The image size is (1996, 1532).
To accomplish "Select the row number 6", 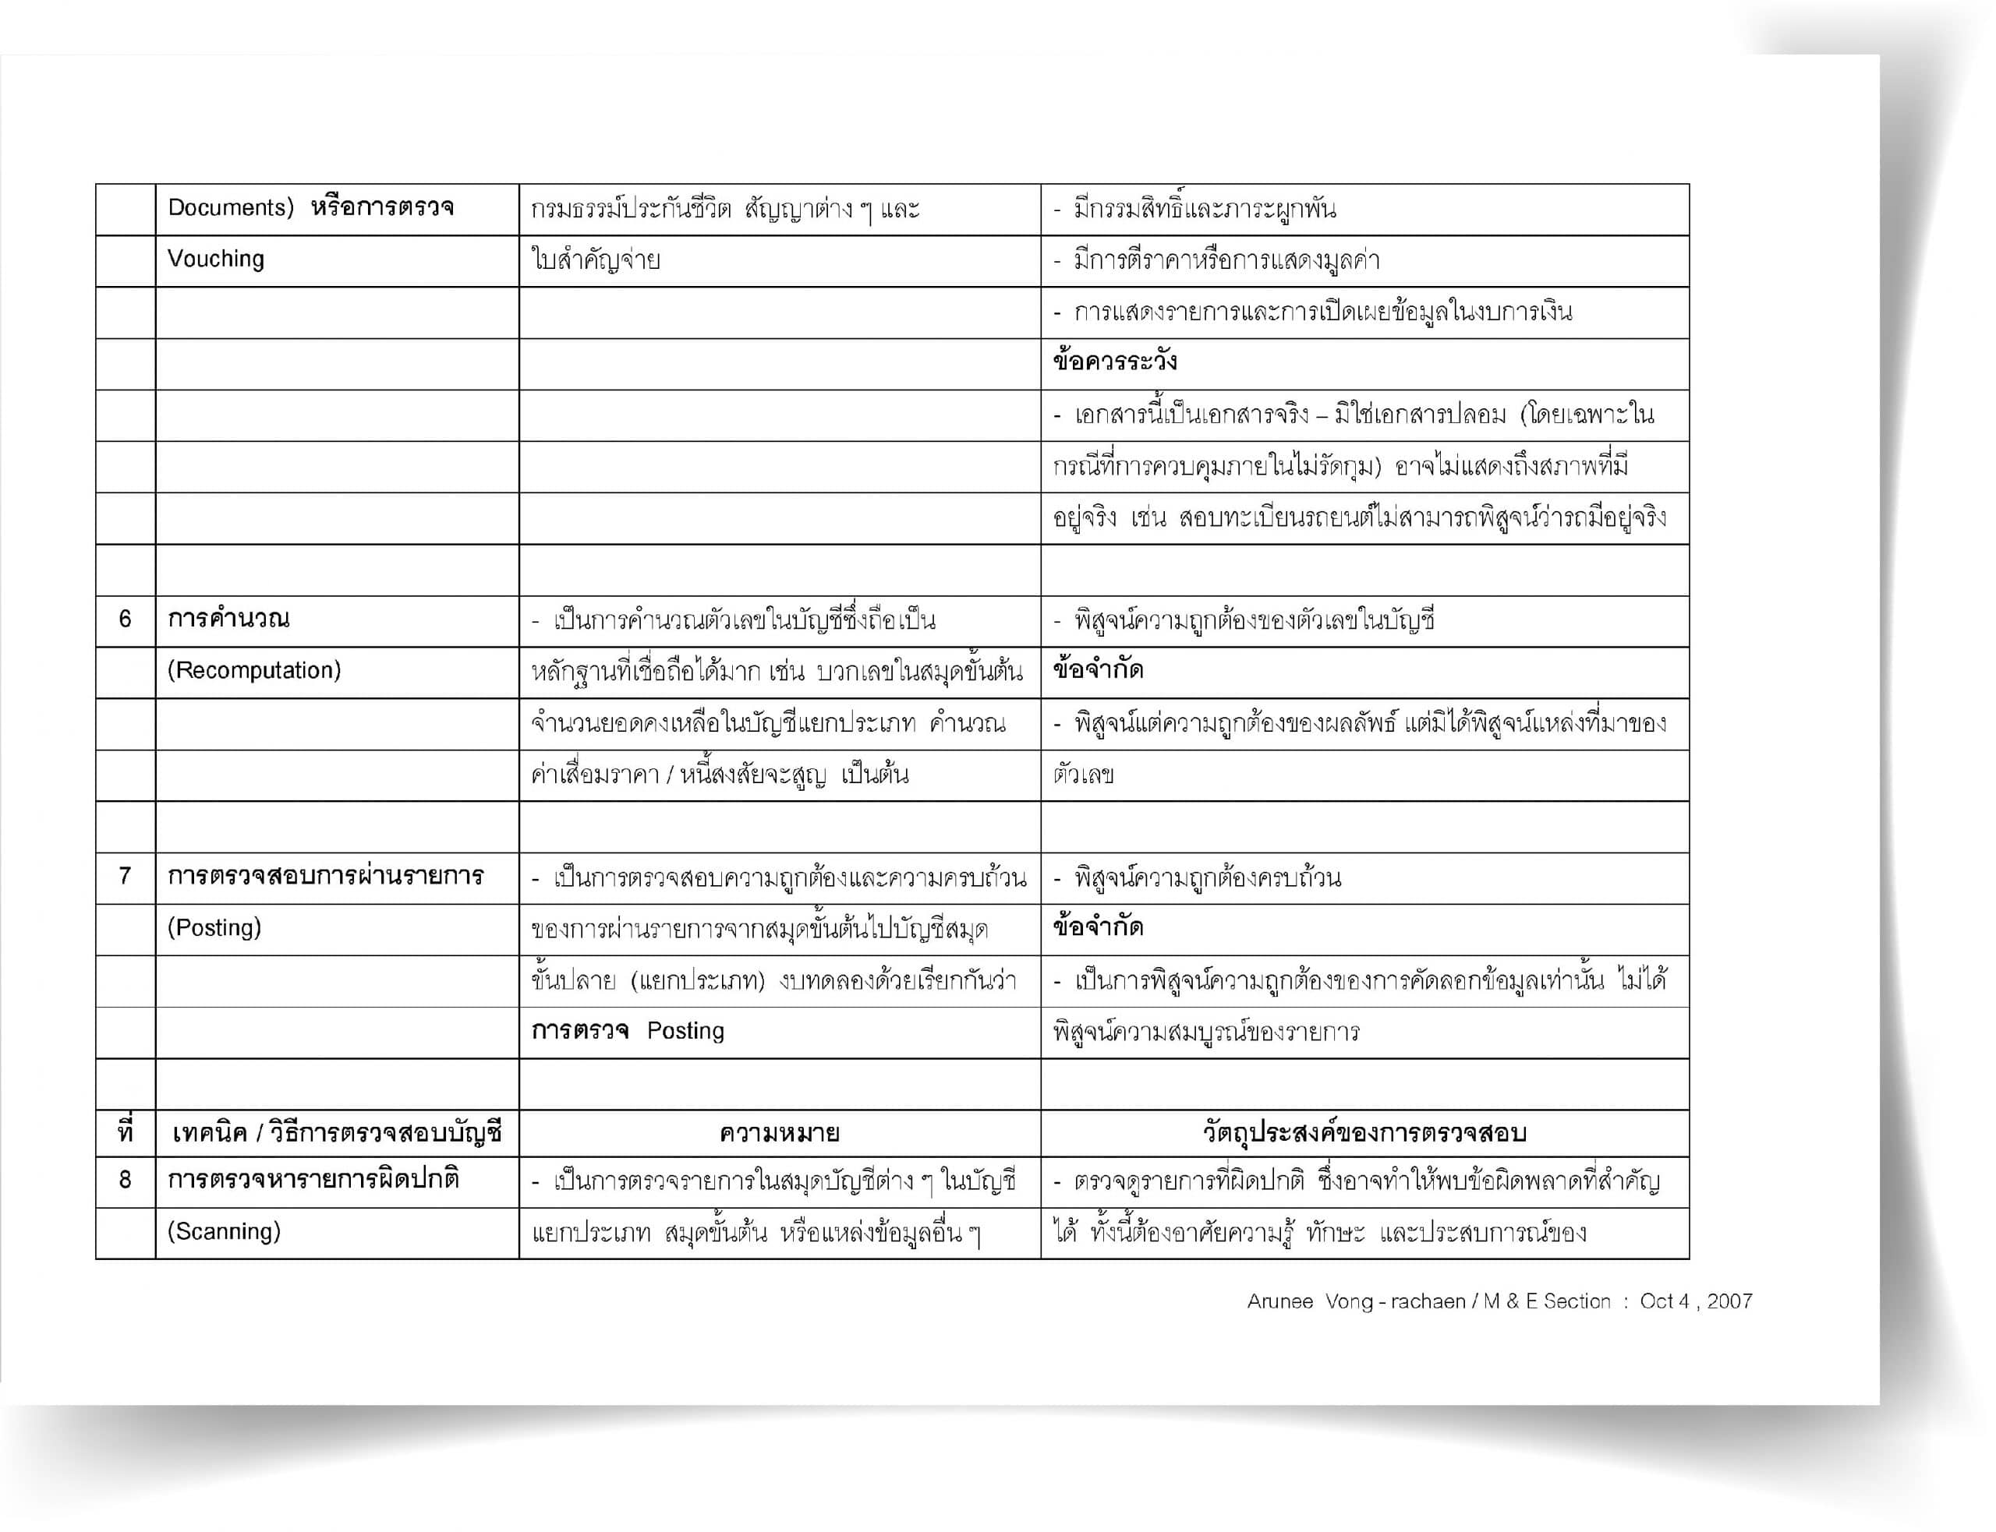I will pos(125,620).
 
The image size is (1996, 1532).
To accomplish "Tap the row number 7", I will pos(125,877).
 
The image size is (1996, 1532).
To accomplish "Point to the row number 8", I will pos(125,1180).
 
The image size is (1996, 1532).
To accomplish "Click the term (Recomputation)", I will pos(253,670).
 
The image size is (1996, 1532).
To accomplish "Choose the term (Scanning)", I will pos(224,1231).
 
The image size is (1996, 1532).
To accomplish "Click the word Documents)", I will pos(230,208).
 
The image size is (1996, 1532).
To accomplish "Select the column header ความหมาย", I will pos(779,1134).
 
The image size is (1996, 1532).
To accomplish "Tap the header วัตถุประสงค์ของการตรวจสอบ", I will pos(1364,1134).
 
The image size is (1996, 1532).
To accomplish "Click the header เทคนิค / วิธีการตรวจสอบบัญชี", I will pos(337,1134).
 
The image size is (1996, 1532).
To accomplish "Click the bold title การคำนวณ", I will pos(228,620).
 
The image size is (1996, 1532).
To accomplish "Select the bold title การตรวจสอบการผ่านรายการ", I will pos(325,877).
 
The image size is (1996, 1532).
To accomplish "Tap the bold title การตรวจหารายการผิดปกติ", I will pos(313,1180).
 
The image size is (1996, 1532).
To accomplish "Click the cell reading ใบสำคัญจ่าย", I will pos(595,261).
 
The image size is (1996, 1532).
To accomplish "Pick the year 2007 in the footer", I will pos(1729,1301).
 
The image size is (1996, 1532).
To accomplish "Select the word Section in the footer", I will pos(1577,1301).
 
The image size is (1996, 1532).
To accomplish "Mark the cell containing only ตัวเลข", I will pos(1083,775).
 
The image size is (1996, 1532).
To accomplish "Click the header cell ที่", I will pos(125,1134).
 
